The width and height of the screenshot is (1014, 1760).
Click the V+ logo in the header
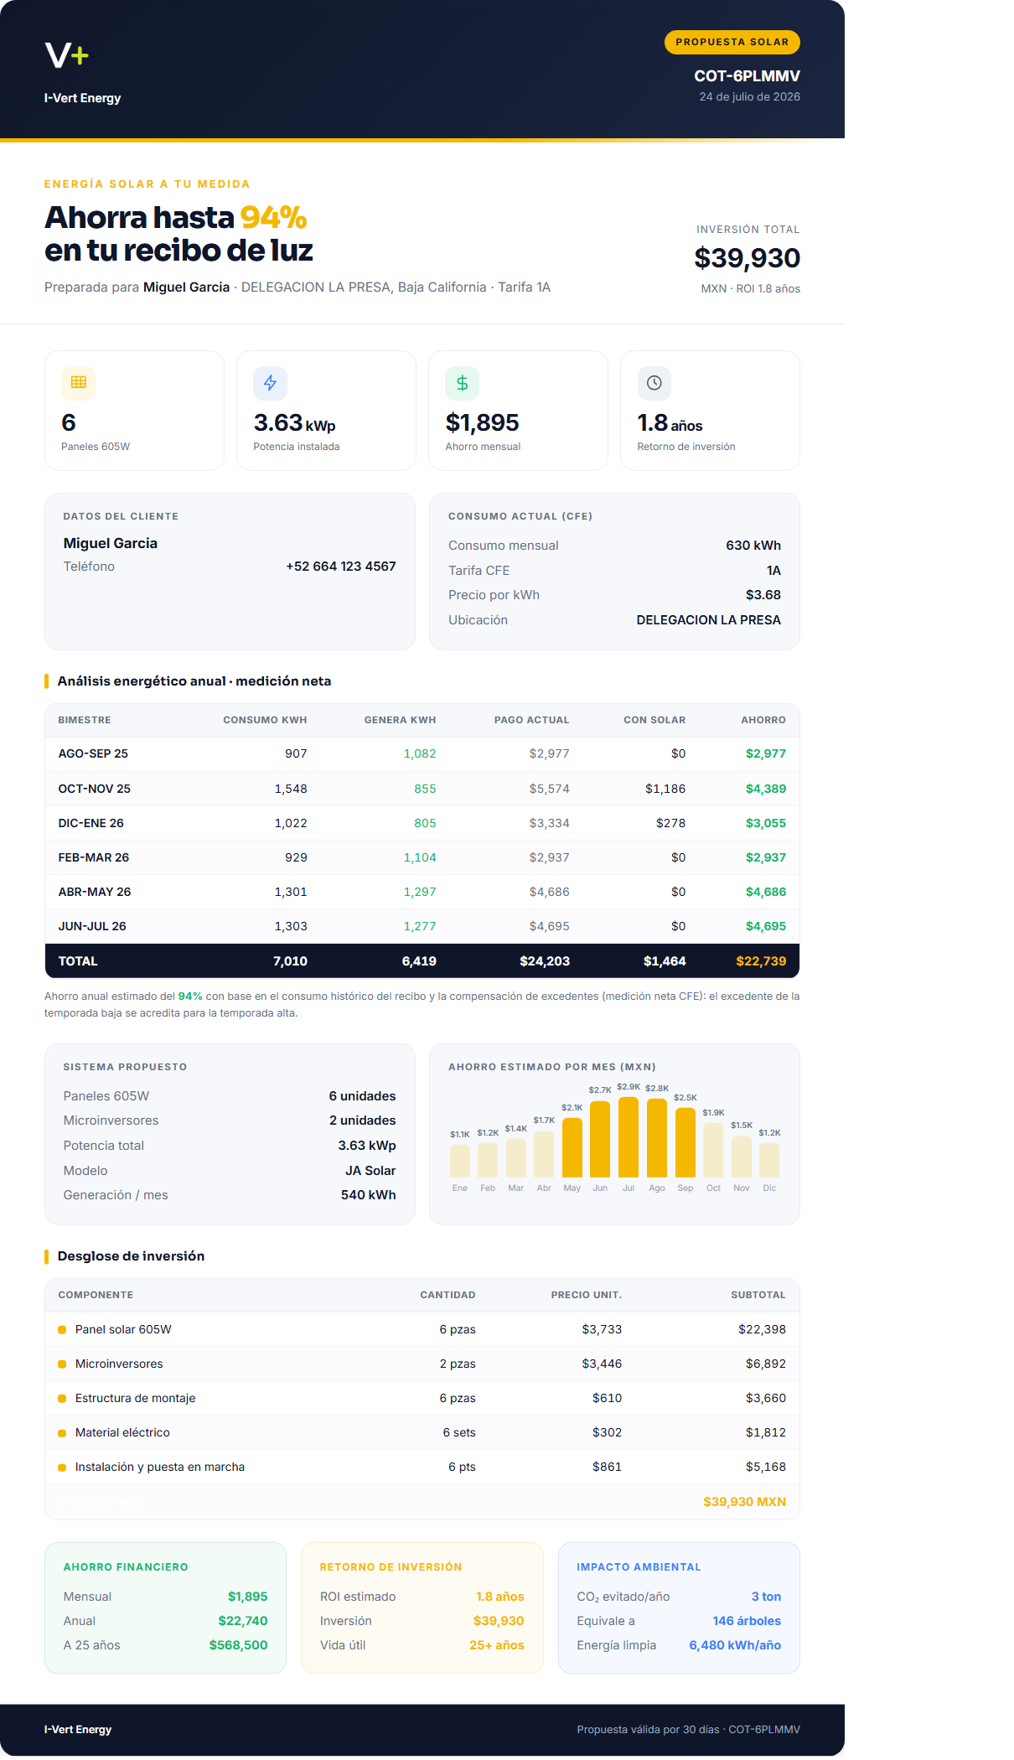[x=67, y=55]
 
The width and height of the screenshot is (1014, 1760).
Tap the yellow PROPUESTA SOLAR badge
[x=732, y=42]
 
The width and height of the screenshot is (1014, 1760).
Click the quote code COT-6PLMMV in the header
[x=747, y=75]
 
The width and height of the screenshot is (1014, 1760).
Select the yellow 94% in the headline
[x=273, y=217]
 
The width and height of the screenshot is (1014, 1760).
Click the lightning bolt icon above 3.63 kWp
[x=270, y=383]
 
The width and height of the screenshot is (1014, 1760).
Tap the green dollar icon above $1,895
[x=462, y=383]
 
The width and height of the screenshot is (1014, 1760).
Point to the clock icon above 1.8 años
[x=654, y=383]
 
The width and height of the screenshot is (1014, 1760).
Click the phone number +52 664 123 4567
[x=340, y=567]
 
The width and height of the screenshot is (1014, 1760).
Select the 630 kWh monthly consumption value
[x=753, y=546]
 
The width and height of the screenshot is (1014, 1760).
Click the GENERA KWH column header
[x=400, y=720]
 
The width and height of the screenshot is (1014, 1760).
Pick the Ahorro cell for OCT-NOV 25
[x=766, y=789]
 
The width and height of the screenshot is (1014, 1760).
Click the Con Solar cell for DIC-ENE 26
[x=670, y=823]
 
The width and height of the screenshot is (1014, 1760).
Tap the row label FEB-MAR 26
[x=94, y=857]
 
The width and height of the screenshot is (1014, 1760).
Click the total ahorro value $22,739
[x=761, y=961]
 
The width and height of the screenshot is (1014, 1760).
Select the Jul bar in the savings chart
[x=629, y=1136]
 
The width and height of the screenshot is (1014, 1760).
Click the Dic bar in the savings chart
[x=769, y=1160]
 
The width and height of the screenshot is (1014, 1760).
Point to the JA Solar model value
[x=370, y=1171]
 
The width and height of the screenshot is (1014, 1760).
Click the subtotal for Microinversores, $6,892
[x=766, y=1364]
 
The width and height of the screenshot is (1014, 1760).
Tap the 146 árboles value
[x=747, y=1621]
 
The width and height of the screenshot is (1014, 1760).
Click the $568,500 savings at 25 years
[x=238, y=1645]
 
